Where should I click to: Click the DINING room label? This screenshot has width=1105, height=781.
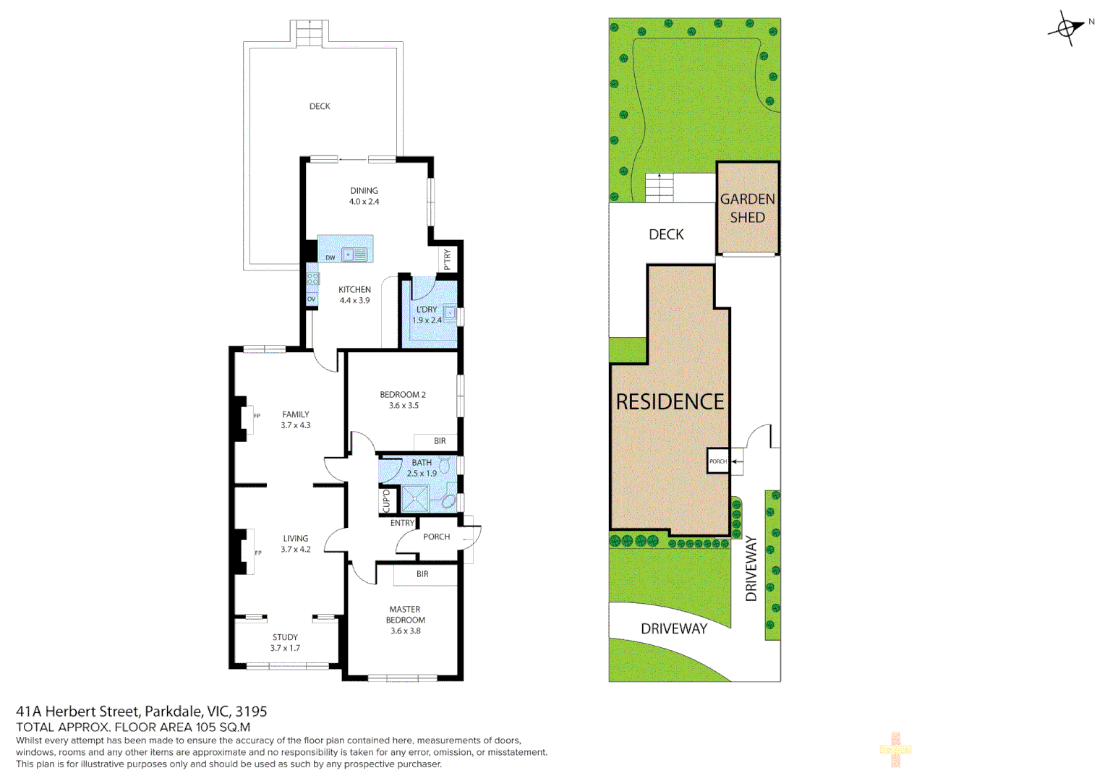click(x=364, y=191)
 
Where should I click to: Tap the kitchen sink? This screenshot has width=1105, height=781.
click(x=354, y=255)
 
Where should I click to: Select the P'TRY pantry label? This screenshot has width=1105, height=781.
click(x=448, y=259)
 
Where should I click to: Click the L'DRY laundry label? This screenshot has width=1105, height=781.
click(x=427, y=310)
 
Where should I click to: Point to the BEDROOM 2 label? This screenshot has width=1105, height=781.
click(x=403, y=395)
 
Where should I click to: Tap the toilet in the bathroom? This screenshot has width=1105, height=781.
click(x=445, y=465)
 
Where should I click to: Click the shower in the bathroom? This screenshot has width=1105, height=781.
click(x=415, y=498)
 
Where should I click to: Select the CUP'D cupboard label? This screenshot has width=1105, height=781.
click(x=386, y=500)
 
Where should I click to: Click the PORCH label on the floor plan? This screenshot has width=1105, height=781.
click(x=436, y=537)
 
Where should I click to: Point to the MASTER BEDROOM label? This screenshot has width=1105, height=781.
click(x=405, y=615)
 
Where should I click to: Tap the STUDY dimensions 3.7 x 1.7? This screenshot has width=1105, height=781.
click(x=285, y=648)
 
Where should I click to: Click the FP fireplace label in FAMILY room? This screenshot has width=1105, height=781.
click(x=257, y=416)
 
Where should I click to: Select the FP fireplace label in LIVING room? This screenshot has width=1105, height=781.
click(x=257, y=553)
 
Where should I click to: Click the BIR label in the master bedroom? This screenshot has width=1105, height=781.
click(x=422, y=574)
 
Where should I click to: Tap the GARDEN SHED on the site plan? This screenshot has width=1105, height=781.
click(x=747, y=208)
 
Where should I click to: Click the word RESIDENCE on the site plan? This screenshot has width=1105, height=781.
click(x=670, y=402)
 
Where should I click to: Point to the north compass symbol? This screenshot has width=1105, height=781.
click(x=1067, y=29)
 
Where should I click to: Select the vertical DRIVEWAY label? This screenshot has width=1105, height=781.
click(x=751, y=568)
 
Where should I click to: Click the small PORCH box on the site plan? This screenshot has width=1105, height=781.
click(x=717, y=461)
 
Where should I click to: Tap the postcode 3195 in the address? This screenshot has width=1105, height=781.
click(x=251, y=712)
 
